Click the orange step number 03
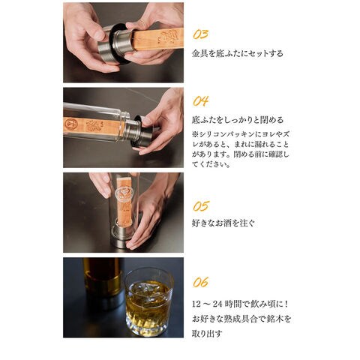[200, 34]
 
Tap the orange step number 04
[200, 101]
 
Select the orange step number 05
[201, 206]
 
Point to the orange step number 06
[200, 282]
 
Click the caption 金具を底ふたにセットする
[238, 53]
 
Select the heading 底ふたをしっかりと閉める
[238, 120]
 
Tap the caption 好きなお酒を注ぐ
[223, 223]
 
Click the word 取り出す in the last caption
[207, 334]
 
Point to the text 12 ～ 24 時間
[217, 304]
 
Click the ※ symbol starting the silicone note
[195, 134]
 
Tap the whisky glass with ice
[149, 301]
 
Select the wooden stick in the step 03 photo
[157, 39]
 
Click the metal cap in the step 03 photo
[115, 44]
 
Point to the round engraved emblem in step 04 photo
[70, 124]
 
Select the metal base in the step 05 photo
[122, 235]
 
